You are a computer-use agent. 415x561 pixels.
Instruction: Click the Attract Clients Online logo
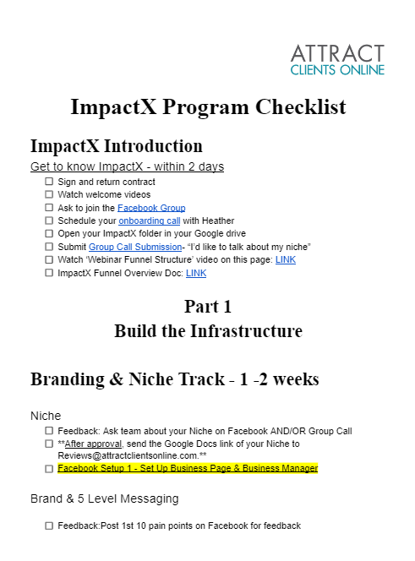[337, 59]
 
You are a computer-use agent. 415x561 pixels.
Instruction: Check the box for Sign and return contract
[49, 182]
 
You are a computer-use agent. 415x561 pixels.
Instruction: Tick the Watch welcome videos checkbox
[49, 194]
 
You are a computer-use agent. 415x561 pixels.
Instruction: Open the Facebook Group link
[151, 208]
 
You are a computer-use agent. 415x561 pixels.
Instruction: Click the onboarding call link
[150, 221]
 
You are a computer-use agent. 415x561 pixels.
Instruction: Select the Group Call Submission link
[135, 247]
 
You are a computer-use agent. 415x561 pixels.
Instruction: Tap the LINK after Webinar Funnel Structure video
[286, 259]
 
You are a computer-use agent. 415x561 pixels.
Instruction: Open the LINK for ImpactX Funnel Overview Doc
[196, 273]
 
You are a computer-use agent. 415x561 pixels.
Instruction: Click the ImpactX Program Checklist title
[208, 106]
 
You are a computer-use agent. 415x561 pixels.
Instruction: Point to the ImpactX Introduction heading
[117, 146]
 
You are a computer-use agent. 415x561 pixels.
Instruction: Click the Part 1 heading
[208, 306]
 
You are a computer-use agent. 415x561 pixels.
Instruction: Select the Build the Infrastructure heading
[208, 330]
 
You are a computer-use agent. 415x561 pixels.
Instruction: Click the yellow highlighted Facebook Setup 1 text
[188, 468]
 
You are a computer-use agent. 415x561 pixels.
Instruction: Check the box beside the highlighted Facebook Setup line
[49, 469]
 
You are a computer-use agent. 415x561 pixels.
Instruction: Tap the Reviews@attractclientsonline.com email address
[127, 455]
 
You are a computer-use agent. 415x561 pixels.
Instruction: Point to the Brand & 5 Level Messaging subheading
[105, 498]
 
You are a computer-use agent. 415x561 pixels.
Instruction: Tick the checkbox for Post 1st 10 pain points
[49, 526]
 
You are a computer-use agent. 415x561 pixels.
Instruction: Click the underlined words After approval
[93, 444]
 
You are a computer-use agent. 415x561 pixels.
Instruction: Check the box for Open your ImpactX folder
[49, 234]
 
